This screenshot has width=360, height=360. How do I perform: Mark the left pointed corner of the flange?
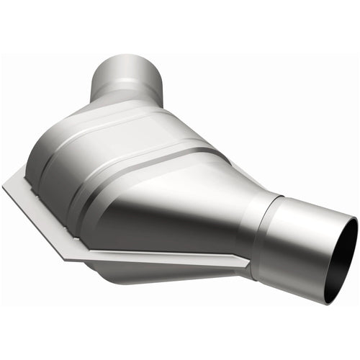coord(6,189)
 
